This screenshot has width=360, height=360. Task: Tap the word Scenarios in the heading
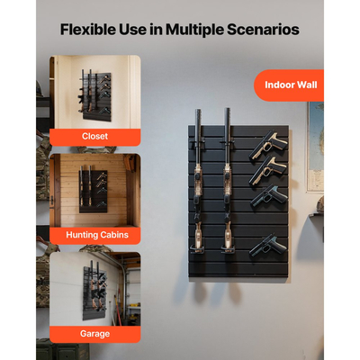[x=263, y=30]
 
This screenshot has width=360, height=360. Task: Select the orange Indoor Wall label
[x=289, y=85]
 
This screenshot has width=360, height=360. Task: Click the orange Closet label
[x=95, y=137]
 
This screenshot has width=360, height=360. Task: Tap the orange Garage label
[x=95, y=334]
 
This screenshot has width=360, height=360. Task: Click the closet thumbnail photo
[x=95, y=92]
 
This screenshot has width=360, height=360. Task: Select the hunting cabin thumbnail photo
[x=95, y=191]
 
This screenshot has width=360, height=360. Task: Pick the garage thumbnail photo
[x=95, y=289]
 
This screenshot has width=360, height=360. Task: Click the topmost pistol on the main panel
[x=267, y=146]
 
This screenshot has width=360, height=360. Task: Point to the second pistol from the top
[x=267, y=172]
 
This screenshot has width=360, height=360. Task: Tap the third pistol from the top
[x=268, y=197]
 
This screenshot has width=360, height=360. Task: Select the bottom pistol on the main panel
[x=267, y=246]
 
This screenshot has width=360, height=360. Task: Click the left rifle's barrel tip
[x=198, y=110]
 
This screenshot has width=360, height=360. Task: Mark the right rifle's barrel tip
[x=228, y=109]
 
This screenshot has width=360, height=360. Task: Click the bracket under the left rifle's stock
[x=197, y=248]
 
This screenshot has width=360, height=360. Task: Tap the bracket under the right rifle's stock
[x=229, y=248]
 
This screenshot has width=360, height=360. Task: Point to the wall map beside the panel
[x=315, y=147]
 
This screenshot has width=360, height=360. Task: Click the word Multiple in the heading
[x=194, y=30]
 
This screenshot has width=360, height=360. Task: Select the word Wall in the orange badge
[x=306, y=85]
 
